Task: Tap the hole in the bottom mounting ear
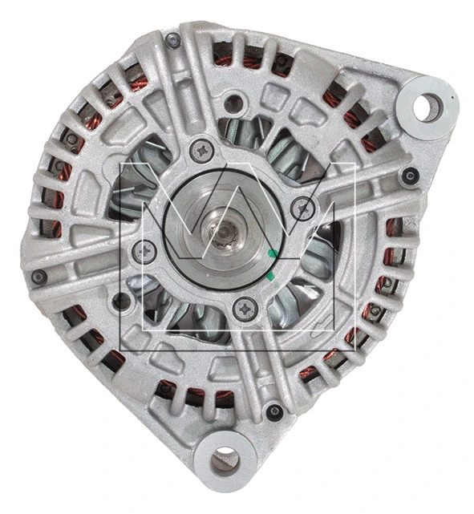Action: coord(225,459)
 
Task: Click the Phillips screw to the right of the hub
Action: coord(302,208)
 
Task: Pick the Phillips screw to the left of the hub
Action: coord(144,252)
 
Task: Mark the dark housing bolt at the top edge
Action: coord(172,40)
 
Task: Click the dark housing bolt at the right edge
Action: coord(410,176)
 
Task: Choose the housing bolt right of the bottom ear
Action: coord(274,412)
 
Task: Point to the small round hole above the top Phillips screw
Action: coord(233,103)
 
